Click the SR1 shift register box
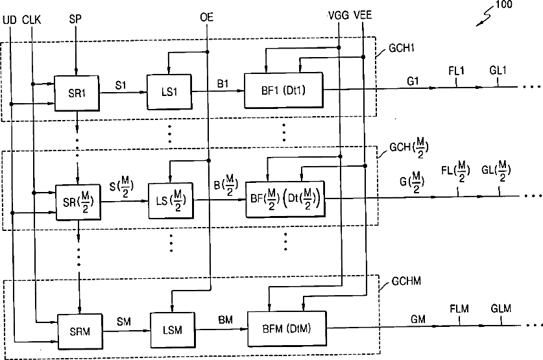(77, 93)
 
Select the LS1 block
(169, 91)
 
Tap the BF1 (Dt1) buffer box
(284, 90)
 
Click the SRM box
(80, 331)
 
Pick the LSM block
(173, 330)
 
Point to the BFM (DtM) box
(287, 328)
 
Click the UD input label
(10, 20)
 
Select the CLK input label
(32, 19)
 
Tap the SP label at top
(75, 19)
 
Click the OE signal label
(207, 17)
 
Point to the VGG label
(339, 16)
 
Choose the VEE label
(363, 15)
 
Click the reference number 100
(504, 5)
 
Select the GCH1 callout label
(402, 48)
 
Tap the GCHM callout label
(406, 281)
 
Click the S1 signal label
(121, 85)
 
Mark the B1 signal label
(223, 84)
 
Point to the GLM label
(501, 308)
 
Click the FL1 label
(456, 71)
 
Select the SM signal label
(124, 322)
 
